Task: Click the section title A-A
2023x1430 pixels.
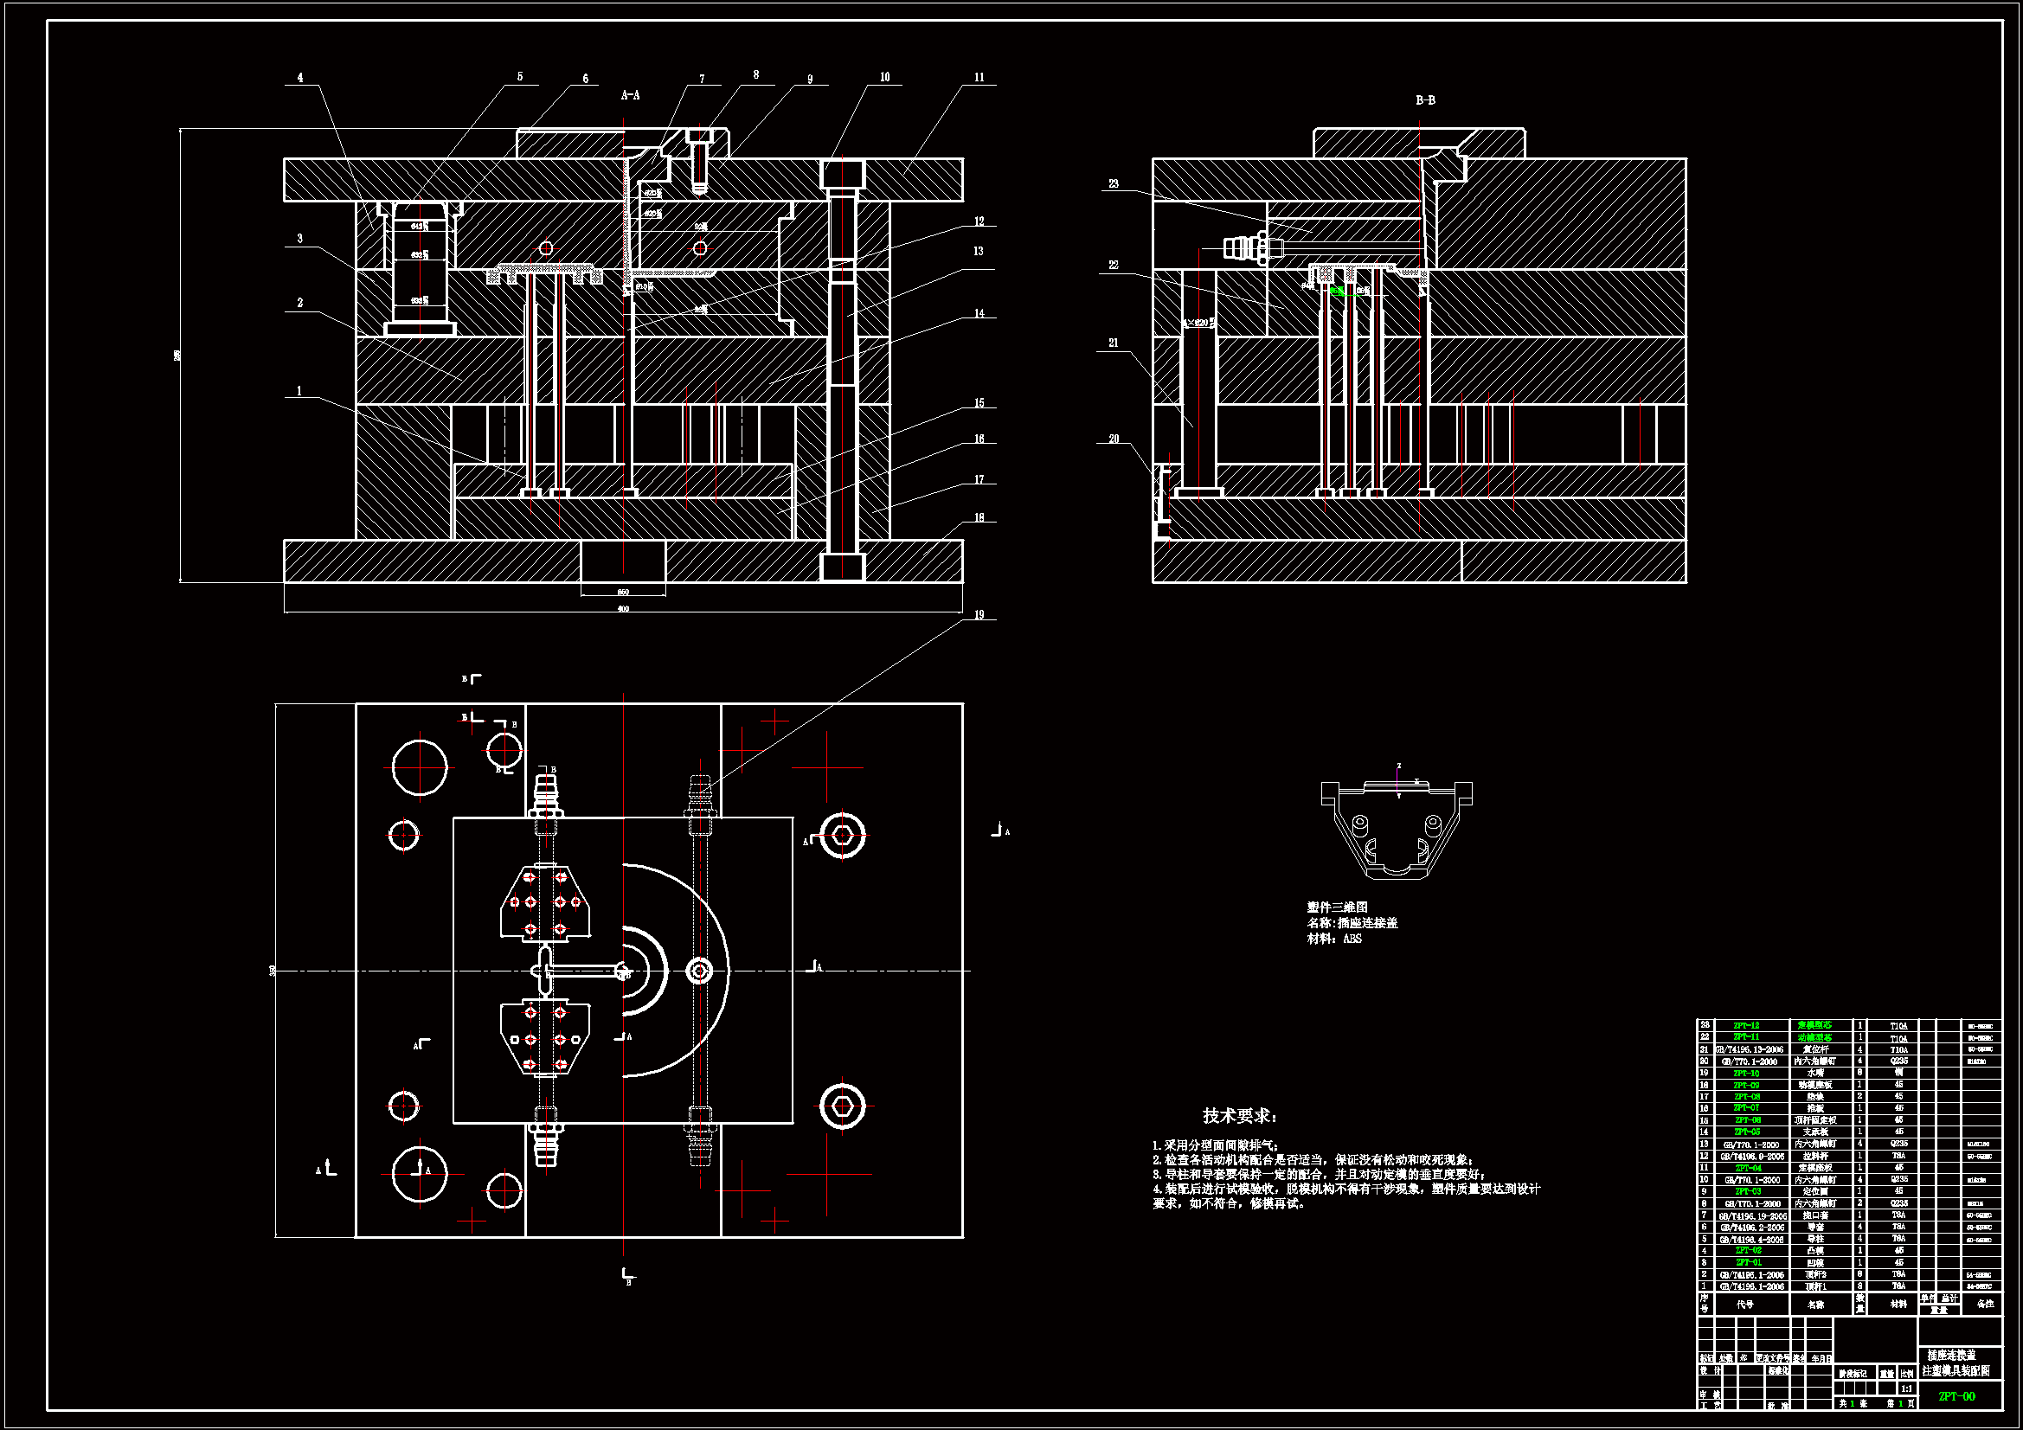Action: [x=630, y=95]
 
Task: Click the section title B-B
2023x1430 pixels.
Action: [x=1425, y=100]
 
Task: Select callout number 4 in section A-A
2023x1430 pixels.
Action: [x=300, y=78]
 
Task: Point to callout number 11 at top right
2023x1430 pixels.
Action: [x=979, y=78]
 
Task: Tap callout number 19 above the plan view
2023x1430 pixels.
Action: [x=979, y=615]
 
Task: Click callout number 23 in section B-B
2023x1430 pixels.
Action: [x=1114, y=184]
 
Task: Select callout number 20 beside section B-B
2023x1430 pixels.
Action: [x=1114, y=439]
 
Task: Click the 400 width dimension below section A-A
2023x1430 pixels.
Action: [x=623, y=609]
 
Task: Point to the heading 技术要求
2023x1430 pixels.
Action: [x=1240, y=1116]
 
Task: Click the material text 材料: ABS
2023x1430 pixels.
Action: [x=1334, y=939]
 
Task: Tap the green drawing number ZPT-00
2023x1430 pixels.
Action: [x=1957, y=1396]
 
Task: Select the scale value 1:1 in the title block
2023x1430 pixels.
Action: [x=1906, y=1388]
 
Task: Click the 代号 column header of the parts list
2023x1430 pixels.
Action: [x=1744, y=1304]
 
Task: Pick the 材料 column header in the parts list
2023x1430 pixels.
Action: [x=1898, y=1304]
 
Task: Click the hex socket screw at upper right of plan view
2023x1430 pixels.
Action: [x=842, y=836]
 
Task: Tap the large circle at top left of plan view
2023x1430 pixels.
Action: [x=420, y=767]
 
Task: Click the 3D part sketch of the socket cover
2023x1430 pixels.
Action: [x=1397, y=829]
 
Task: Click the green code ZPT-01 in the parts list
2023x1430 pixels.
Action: [x=1748, y=1262]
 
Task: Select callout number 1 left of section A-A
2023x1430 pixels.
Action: [x=299, y=391]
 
